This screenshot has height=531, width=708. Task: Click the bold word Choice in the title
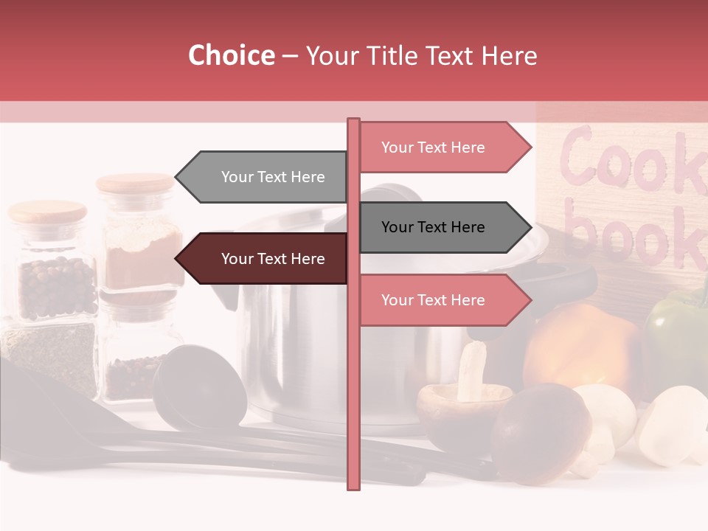(231, 56)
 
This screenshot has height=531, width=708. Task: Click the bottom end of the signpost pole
(353, 483)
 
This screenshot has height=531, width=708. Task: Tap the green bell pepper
(677, 332)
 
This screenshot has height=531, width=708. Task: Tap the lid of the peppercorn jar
(47, 212)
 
